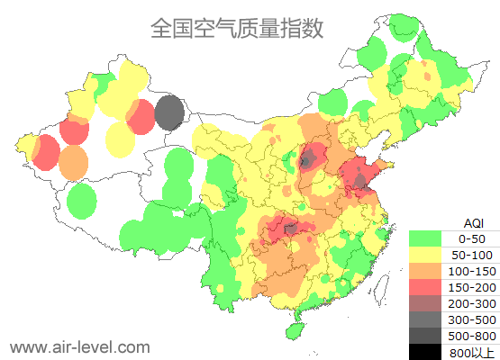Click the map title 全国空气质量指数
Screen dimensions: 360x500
[x=237, y=28]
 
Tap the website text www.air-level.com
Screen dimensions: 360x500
[x=79, y=346]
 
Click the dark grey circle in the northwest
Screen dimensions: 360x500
[x=169, y=113]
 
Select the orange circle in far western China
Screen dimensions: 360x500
[x=74, y=163]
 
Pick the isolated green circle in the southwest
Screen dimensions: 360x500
[x=81, y=201]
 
